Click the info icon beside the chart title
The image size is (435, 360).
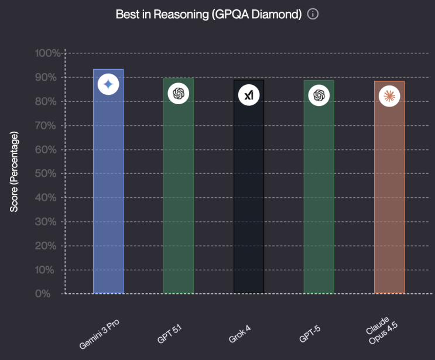[313, 14]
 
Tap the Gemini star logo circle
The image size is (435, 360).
[108, 84]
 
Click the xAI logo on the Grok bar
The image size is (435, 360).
[249, 95]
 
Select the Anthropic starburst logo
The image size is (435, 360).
[389, 96]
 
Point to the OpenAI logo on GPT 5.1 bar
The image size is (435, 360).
[179, 94]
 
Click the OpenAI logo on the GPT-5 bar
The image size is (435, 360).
[319, 95]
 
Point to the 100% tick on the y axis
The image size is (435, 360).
[47, 53]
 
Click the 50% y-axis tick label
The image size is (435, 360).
[46, 174]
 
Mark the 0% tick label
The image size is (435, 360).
[43, 294]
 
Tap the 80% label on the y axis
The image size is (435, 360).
[46, 101]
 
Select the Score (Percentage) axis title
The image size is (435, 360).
[14, 172]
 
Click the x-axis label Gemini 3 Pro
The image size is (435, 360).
[100, 334]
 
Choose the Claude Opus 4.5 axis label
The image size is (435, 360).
[382, 330]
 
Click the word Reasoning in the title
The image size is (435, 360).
[181, 14]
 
